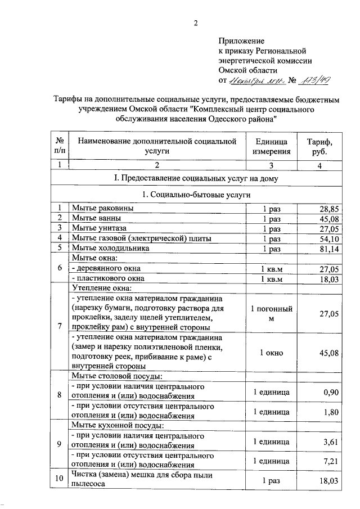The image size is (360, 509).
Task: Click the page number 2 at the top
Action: click(x=196, y=23)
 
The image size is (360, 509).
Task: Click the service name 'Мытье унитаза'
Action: click(x=98, y=228)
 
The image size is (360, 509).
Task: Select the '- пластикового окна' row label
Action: click(x=107, y=278)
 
